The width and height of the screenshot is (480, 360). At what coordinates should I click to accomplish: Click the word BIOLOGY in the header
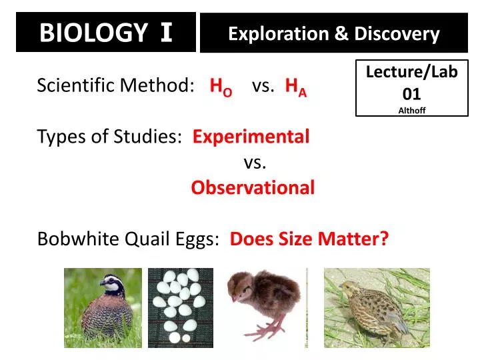coord(93,32)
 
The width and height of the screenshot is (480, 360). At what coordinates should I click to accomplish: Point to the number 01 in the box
coord(411,94)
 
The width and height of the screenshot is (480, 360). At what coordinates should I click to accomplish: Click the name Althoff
coord(411,111)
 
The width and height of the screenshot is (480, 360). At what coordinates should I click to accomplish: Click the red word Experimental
coord(251,137)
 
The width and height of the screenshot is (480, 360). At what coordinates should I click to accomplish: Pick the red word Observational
coord(253,188)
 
